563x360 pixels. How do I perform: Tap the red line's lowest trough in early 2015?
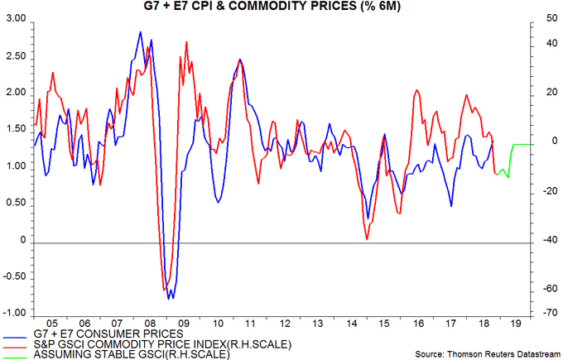click(x=367, y=240)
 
